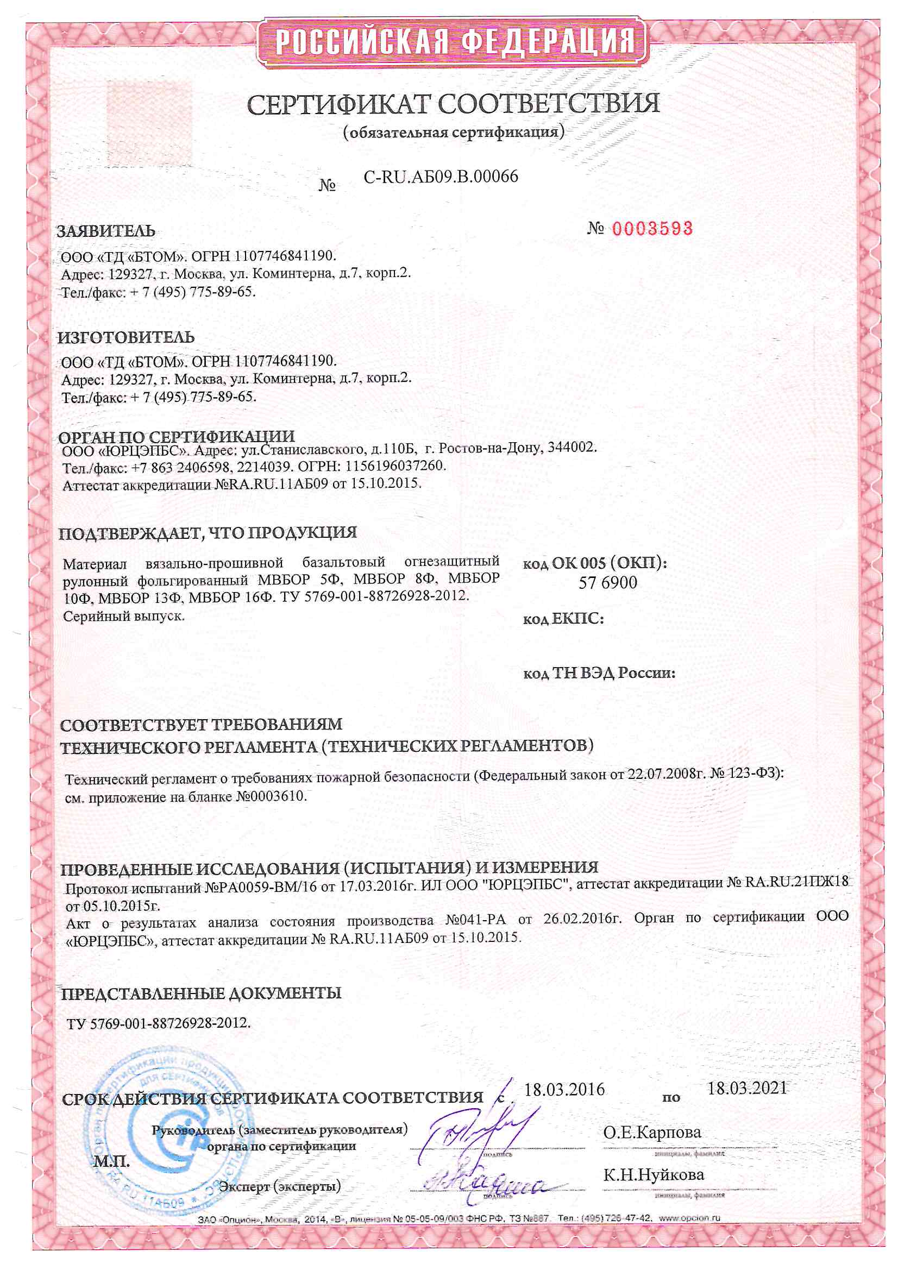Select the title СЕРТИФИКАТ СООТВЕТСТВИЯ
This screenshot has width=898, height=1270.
(x=453, y=104)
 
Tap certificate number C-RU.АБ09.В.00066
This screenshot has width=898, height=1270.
(x=441, y=177)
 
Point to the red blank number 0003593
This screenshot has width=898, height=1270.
(x=652, y=229)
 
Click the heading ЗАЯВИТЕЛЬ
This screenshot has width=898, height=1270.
(x=106, y=231)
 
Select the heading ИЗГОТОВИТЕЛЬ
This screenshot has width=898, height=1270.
(x=125, y=337)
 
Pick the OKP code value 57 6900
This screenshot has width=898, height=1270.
(x=607, y=582)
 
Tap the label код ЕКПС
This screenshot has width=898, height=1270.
(x=563, y=618)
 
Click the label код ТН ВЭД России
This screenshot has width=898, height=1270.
(x=599, y=673)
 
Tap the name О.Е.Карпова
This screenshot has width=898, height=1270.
(x=652, y=1132)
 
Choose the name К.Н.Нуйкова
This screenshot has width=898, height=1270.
(x=653, y=1174)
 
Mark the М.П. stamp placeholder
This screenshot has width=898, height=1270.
(x=111, y=1161)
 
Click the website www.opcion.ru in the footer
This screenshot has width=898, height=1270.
(x=689, y=1217)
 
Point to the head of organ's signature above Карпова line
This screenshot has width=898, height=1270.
(x=476, y=1128)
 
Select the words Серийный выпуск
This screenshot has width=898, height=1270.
(x=123, y=616)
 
